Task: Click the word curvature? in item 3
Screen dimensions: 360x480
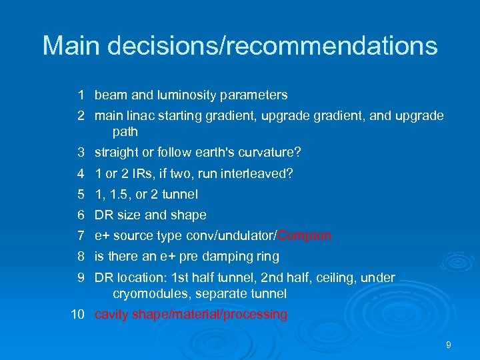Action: click(272, 153)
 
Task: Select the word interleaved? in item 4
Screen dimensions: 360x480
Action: click(259, 173)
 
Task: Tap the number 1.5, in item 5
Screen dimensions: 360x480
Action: click(120, 194)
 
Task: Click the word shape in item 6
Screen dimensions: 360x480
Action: click(189, 215)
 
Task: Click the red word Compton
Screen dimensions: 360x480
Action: click(305, 235)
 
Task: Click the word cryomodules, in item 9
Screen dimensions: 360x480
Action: click(147, 293)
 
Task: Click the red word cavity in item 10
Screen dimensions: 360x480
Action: click(111, 314)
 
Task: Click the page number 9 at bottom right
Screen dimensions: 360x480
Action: click(448, 345)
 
